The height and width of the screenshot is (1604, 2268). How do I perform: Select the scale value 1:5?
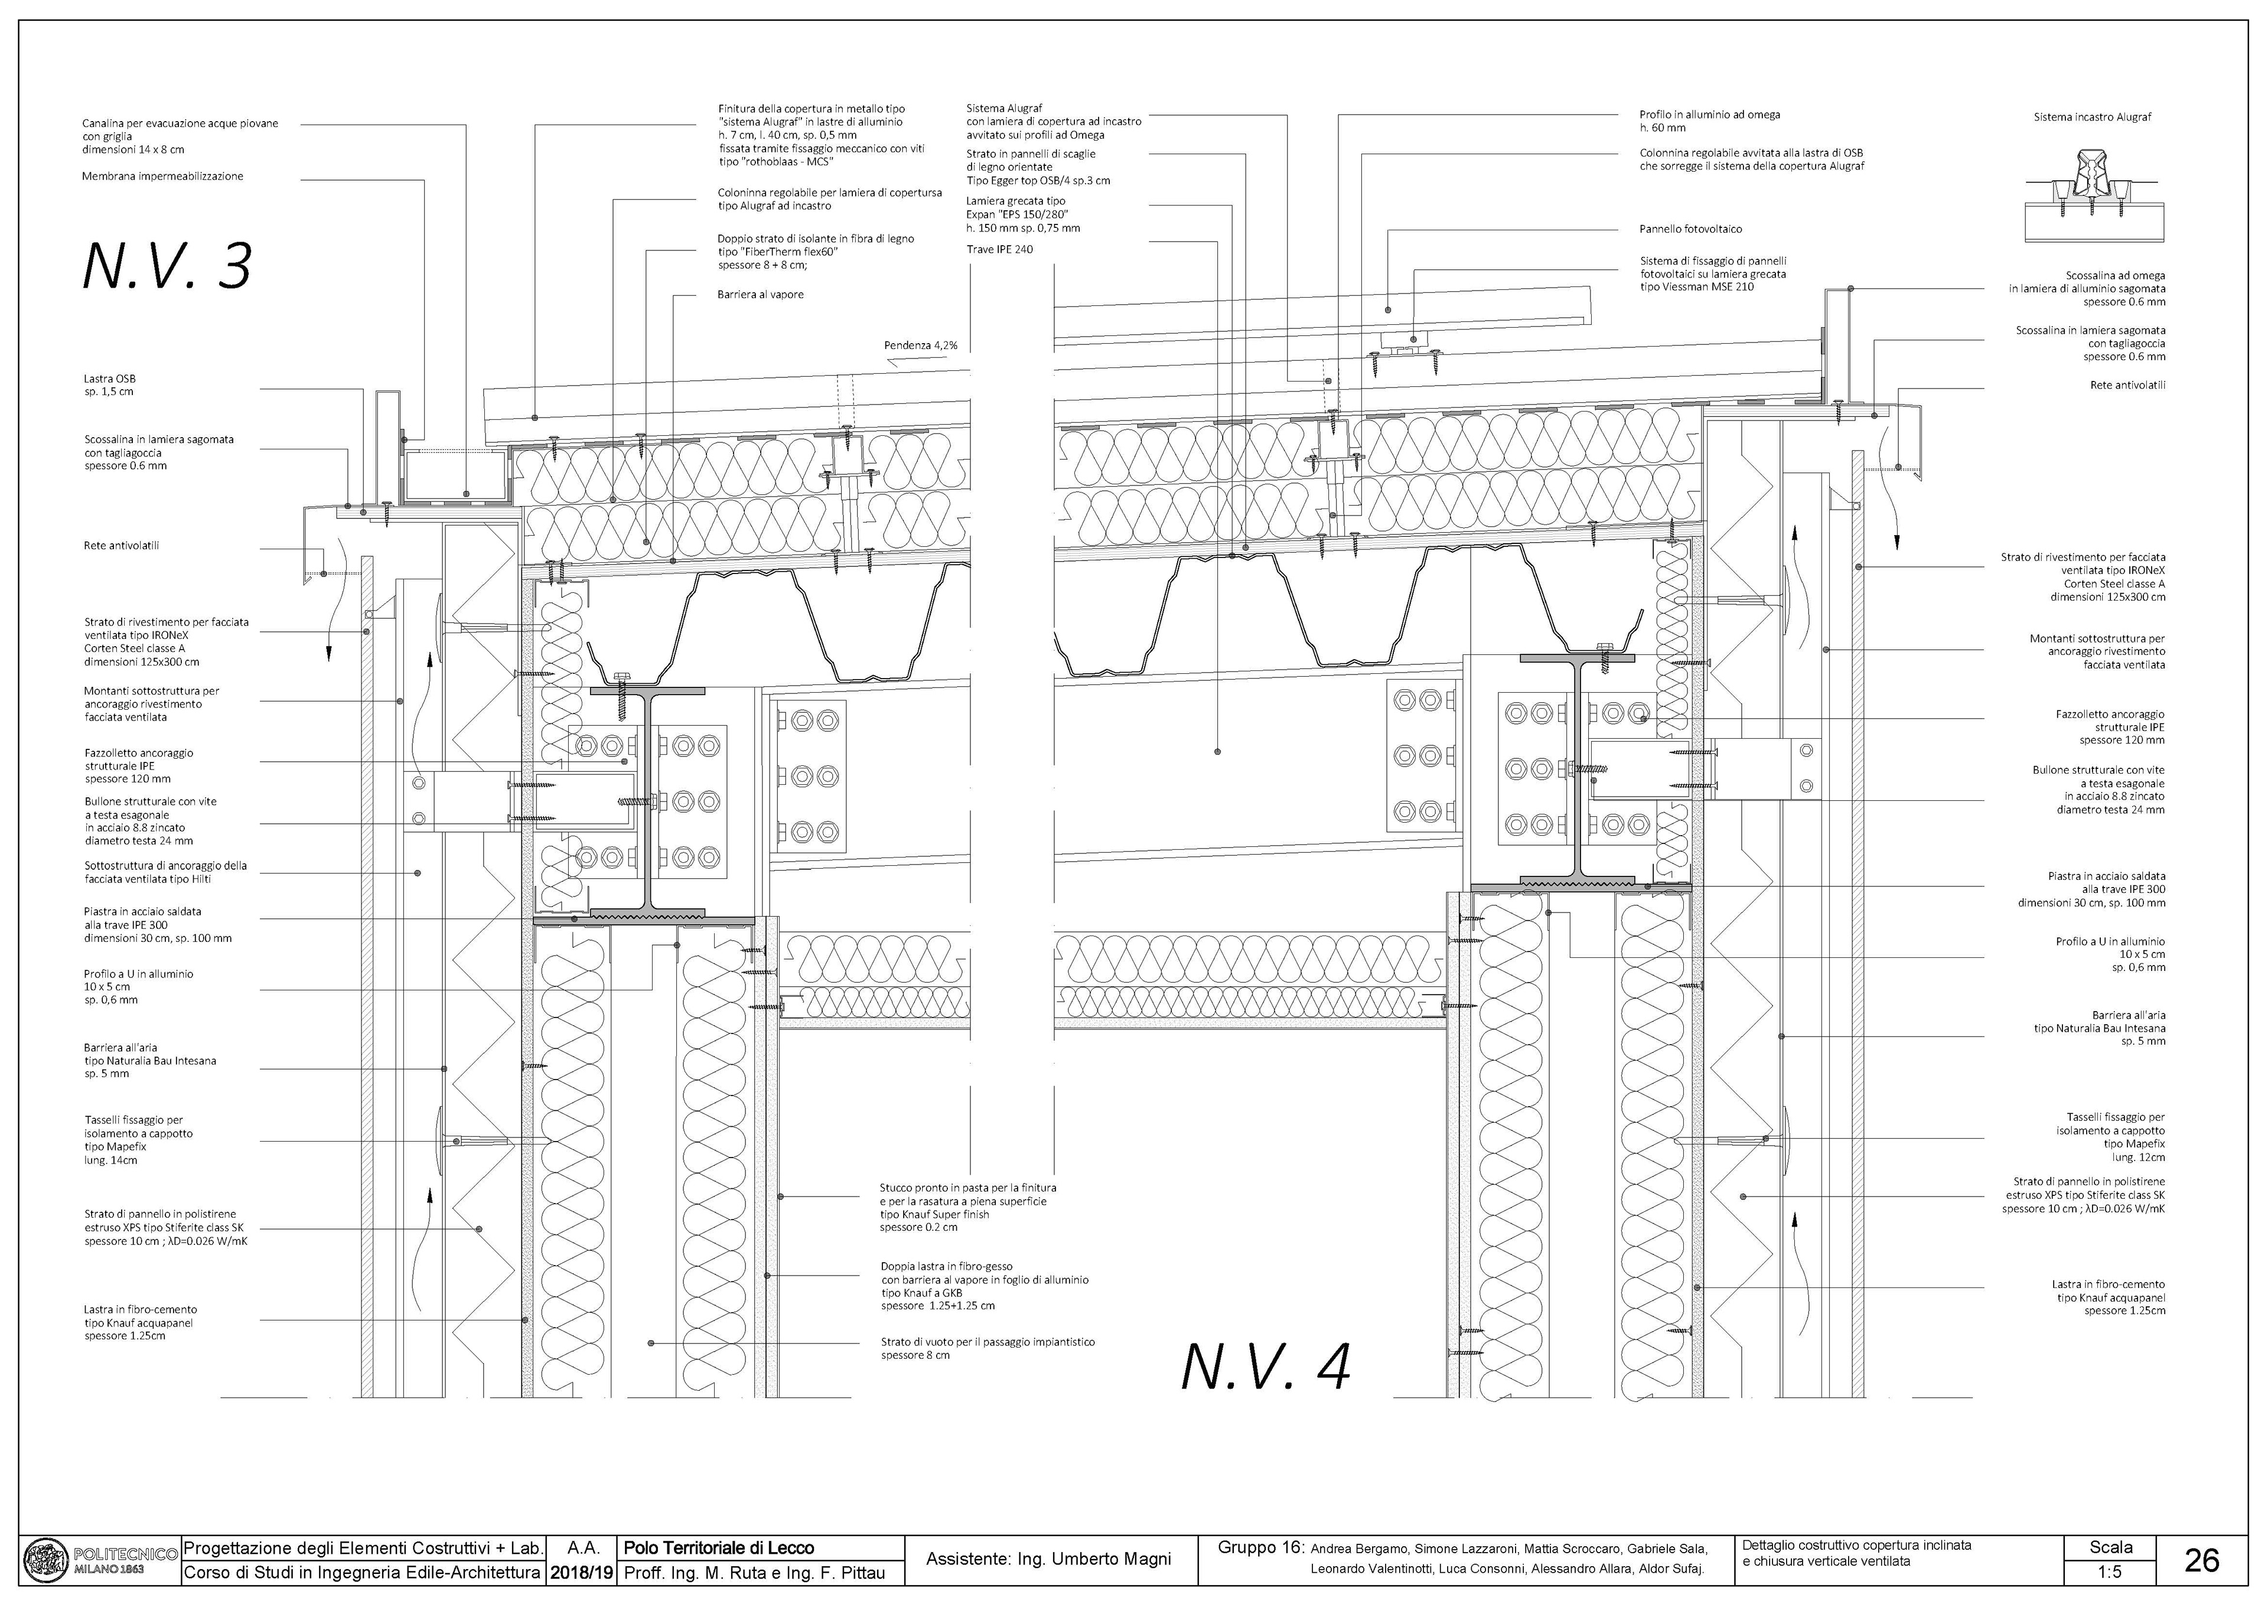click(2111, 1572)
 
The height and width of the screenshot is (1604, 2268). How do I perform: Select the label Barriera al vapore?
click(760, 294)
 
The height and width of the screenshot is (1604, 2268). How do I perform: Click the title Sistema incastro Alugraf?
click(2091, 116)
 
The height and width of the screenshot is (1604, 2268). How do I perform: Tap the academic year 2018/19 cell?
click(581, 1572)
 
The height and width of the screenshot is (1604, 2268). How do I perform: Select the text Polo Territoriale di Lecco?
click(719, 1548)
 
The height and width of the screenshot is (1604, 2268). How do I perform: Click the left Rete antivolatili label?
click(122, 545)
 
